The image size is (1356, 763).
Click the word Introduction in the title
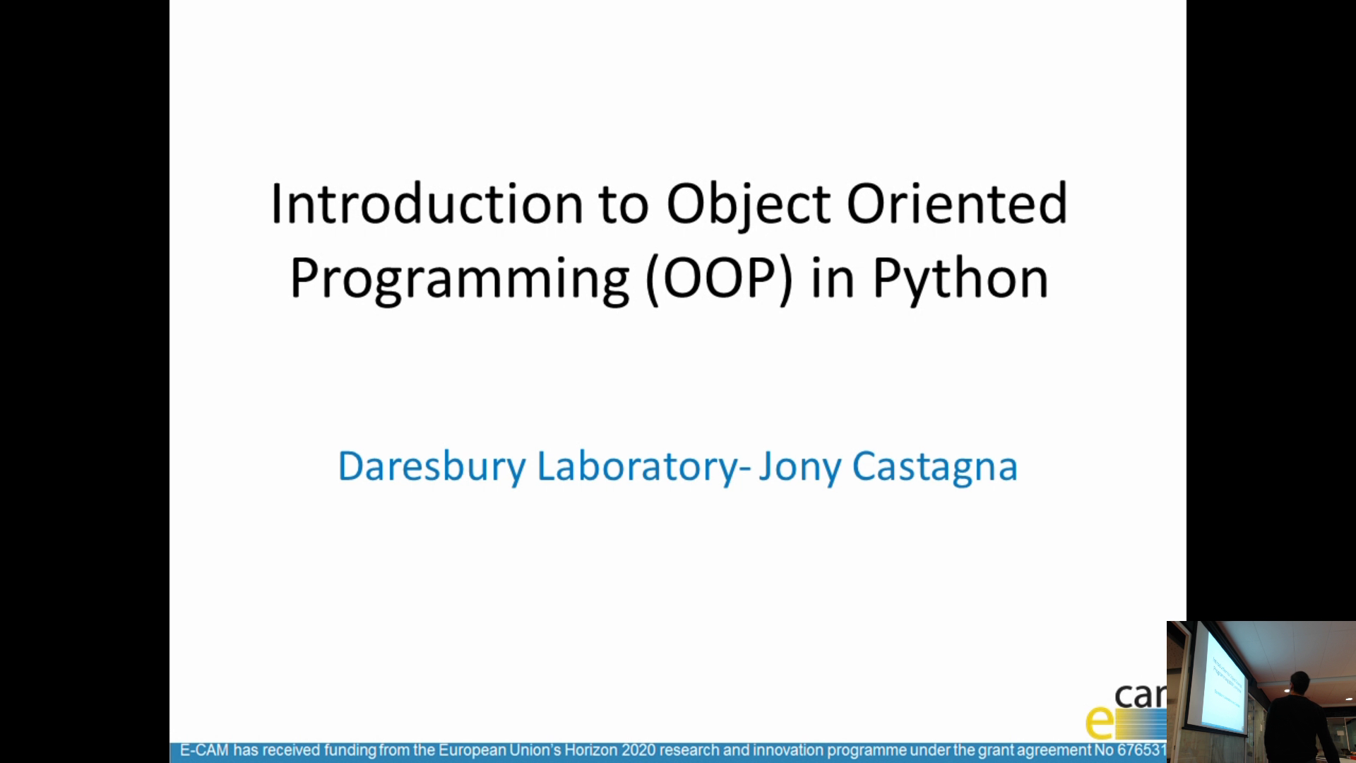(427, 204)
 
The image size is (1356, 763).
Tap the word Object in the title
(748, 204)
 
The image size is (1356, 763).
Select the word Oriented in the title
(957, 204)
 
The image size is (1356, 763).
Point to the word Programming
(459, 279)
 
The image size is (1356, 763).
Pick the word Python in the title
(961, 279)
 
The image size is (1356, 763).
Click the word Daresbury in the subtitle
(432, 467)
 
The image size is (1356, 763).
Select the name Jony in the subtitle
(799, 467)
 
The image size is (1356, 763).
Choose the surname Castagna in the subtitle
(934, 467)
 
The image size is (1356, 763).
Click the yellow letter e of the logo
(1099, 722)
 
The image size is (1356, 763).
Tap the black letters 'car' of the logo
(1139, 696)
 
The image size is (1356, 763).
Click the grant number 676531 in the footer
(1141, 750)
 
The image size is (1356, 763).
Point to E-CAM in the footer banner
(204, 750)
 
